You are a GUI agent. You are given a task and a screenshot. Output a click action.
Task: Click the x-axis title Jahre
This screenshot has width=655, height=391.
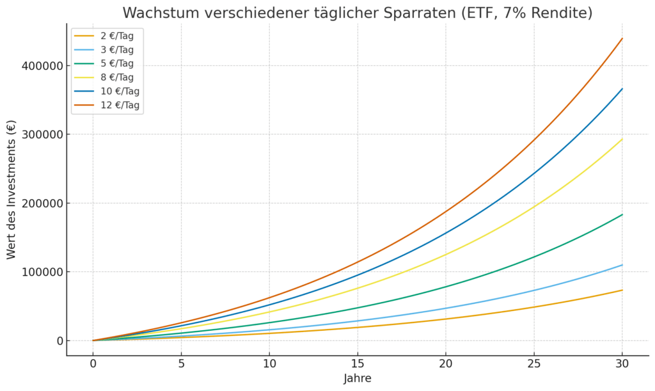[358, 378]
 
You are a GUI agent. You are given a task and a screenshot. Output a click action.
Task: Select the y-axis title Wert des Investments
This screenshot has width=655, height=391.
[12, 189]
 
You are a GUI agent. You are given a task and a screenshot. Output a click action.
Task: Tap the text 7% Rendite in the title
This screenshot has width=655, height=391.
[549, 13]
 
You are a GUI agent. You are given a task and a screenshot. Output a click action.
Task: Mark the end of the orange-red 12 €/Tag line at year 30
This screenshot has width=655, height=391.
[622, 38]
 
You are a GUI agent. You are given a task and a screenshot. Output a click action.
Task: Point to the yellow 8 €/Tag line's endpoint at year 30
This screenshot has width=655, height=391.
[622, 139]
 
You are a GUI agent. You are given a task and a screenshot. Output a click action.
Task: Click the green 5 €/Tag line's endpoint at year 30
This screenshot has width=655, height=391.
[622, 214]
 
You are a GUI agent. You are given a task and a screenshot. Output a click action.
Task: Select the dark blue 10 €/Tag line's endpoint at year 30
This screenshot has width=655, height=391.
[622, 89]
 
